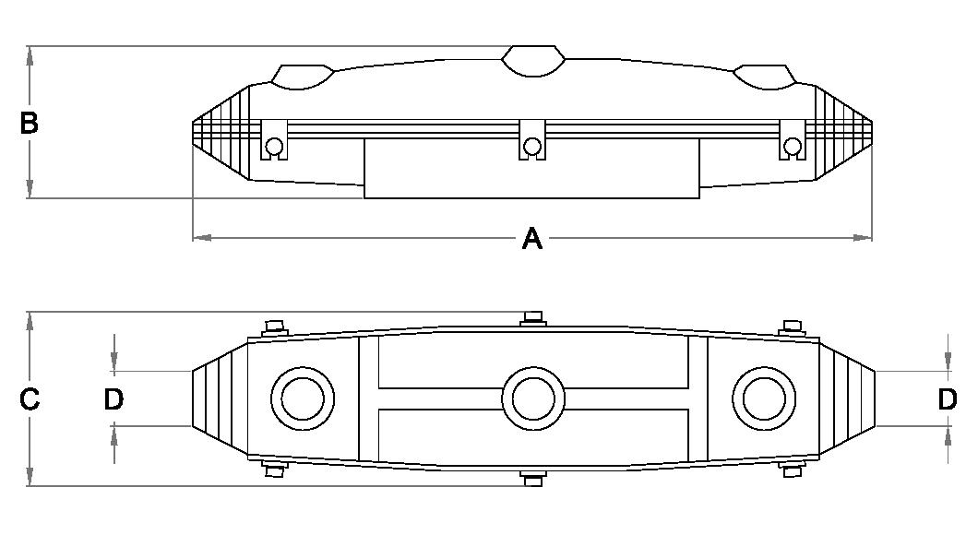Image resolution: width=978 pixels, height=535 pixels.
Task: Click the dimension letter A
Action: (532, 238)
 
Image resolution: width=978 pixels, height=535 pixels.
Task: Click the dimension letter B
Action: (29, 123)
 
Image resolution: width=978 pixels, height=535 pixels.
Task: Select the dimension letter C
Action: (30, 399)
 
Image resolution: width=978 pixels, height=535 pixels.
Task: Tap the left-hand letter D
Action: (113, 399)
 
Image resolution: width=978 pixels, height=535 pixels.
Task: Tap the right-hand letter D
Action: (948, 399)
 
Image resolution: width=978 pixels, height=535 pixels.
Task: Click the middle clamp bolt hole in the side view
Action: (532, 147)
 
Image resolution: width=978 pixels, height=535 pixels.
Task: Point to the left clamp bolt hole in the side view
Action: (274, 147)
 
